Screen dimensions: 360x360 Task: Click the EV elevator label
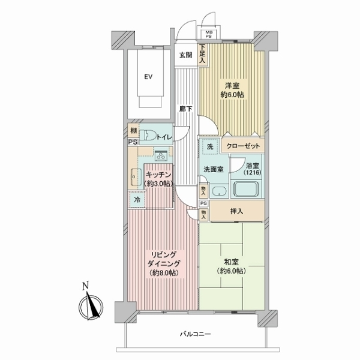pyautogui.click(x=148, y=77)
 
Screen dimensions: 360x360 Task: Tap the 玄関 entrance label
pyautogui.click(x=186, y=55)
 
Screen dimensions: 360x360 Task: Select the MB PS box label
pyautogui.click(x=209, y=34)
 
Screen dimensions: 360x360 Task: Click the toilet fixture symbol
pyautogui.click(x=148, y=135)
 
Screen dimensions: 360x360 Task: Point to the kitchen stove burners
pyautogui.click(x=161, y=155)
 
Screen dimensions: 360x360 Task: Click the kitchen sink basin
pyautogui.click(x=136, y=177)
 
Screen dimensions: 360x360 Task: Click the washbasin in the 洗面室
pyautogui.click(x=219, y=191)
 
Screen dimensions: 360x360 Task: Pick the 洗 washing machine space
pyautogui.click(x=210, y=146)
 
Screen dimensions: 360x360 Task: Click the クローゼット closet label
pyautogui.click(x=243, y=146)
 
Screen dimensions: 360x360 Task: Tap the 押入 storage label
pyautogui.click(x=236, y=211)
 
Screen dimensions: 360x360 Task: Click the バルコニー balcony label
pyautogui.click(x=195, y=334)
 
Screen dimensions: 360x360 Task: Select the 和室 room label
pyautogui.click(x=231, y=262)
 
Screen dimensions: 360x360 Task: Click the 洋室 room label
pyautogui.click(x=232, y=86)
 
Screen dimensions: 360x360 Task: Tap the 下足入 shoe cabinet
pyautogui.click(x=203, y=55)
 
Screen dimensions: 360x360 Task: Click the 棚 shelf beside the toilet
pyautogui.click(x=133, y=131)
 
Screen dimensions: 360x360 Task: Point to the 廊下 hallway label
pyautogui.click(x=186, y=109)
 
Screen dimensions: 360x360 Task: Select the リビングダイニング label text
pyautogui.click(x=164, y=259)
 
